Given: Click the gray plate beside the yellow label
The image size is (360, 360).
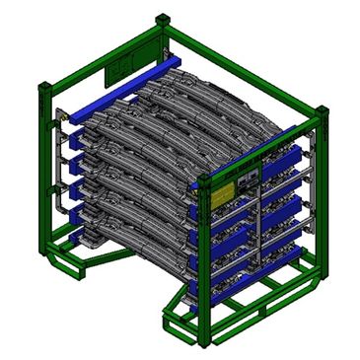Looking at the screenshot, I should tap(246, 179).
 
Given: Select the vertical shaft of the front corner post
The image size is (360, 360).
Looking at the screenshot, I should tap(204, 256).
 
